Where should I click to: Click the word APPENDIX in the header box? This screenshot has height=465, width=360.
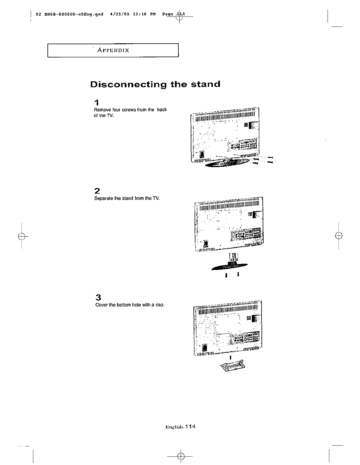(x=113, y=50)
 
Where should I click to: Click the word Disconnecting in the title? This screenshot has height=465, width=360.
(x=128, y=85)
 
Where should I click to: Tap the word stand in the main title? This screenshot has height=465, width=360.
(x=206, y=84)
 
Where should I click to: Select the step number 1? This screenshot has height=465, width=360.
(x=96, y=103)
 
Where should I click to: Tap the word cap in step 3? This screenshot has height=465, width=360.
(x=160, y=305)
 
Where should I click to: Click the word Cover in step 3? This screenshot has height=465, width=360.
(x=102, y=305)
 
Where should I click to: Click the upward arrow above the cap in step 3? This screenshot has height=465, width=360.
(x=230, y=357)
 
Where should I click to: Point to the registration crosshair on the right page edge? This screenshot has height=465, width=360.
(x=339, y=236)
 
